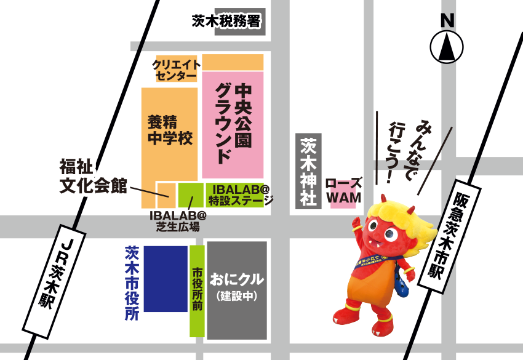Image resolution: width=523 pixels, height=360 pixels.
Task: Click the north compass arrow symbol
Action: (x=447, y=47)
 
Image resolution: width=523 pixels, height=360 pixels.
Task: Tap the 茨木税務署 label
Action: (x=227, y=22)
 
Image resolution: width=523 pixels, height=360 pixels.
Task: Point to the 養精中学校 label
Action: (x=169, y=130)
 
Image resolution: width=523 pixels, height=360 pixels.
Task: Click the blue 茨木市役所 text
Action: (x=132, y=284)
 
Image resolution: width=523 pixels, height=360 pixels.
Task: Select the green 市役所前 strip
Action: (x=197, y=291)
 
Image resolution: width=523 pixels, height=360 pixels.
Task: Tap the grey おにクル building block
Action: (x=237, y=290)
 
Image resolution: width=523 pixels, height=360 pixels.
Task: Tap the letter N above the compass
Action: (x=447, y=20)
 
